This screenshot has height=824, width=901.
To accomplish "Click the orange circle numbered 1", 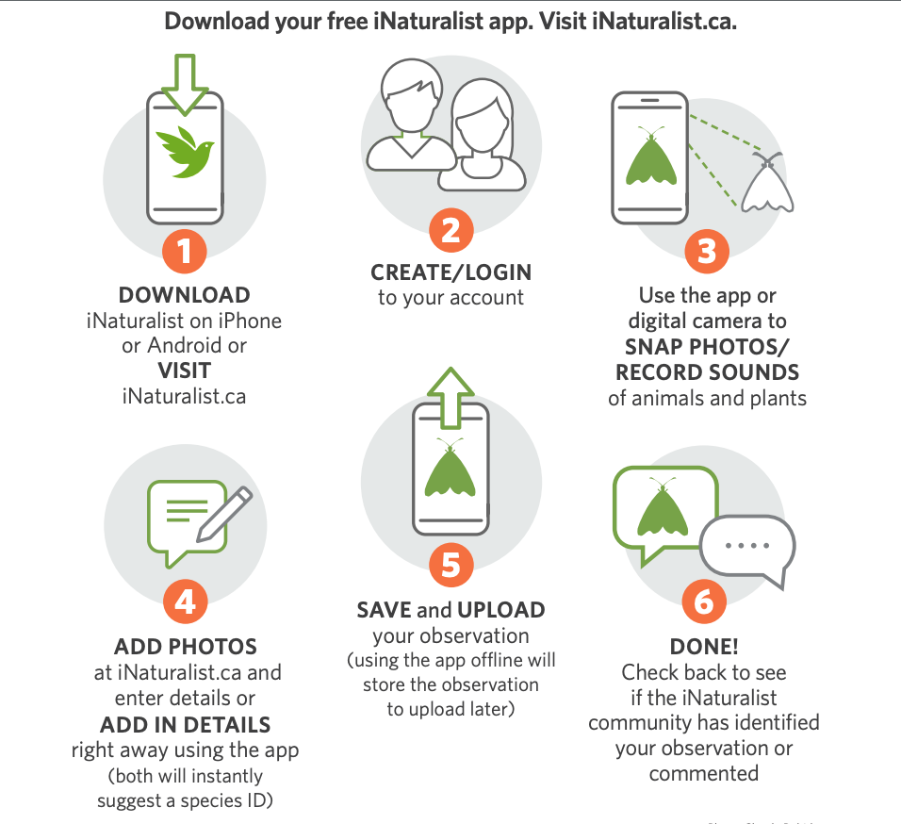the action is coord(184,251).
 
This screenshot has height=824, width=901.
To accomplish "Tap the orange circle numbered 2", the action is coord(451,230).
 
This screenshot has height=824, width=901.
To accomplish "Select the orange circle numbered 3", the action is coord(707,251).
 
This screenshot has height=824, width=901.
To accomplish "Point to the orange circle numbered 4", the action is coord(185,602).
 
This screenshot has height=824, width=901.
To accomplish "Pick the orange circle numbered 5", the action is coord(451,565).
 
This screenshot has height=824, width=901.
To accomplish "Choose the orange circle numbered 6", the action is coord(704,602).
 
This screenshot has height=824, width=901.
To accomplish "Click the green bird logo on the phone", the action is coord(185,153).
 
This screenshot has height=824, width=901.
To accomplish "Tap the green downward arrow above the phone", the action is coord(185,85).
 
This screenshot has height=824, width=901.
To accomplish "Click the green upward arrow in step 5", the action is coord(451,398).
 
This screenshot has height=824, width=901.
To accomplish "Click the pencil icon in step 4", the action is coord(224,515).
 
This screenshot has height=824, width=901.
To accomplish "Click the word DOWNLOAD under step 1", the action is coord(185,295).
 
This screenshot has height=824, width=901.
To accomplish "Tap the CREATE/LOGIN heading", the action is coord(451,272).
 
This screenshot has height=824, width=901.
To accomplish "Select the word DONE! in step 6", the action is coord(704,647).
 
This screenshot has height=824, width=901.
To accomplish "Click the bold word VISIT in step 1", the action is coord(185,371).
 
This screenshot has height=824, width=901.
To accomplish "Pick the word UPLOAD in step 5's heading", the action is coord(501,610).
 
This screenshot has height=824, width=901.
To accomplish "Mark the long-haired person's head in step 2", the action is coord(482,116).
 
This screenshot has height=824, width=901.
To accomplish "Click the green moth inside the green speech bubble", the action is coord(663,507).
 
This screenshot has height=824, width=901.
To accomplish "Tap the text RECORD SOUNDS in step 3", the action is coord(708,372).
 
